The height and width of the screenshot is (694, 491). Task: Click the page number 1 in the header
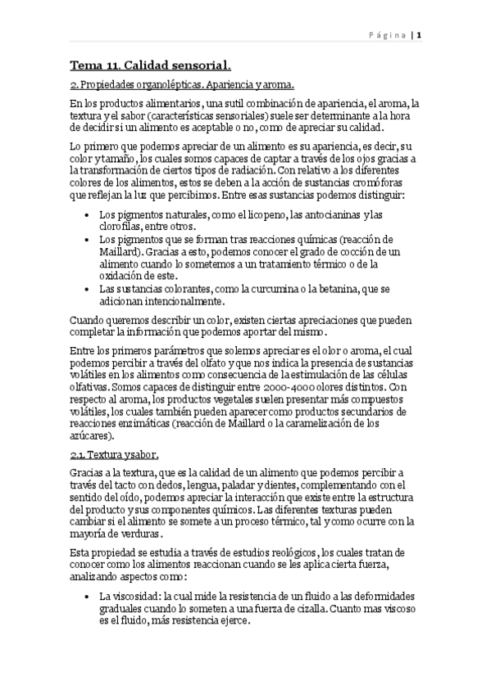[419, 35]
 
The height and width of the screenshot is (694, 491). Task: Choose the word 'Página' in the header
[384, 36]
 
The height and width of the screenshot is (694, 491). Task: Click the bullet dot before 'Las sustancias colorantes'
[88, 289]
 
